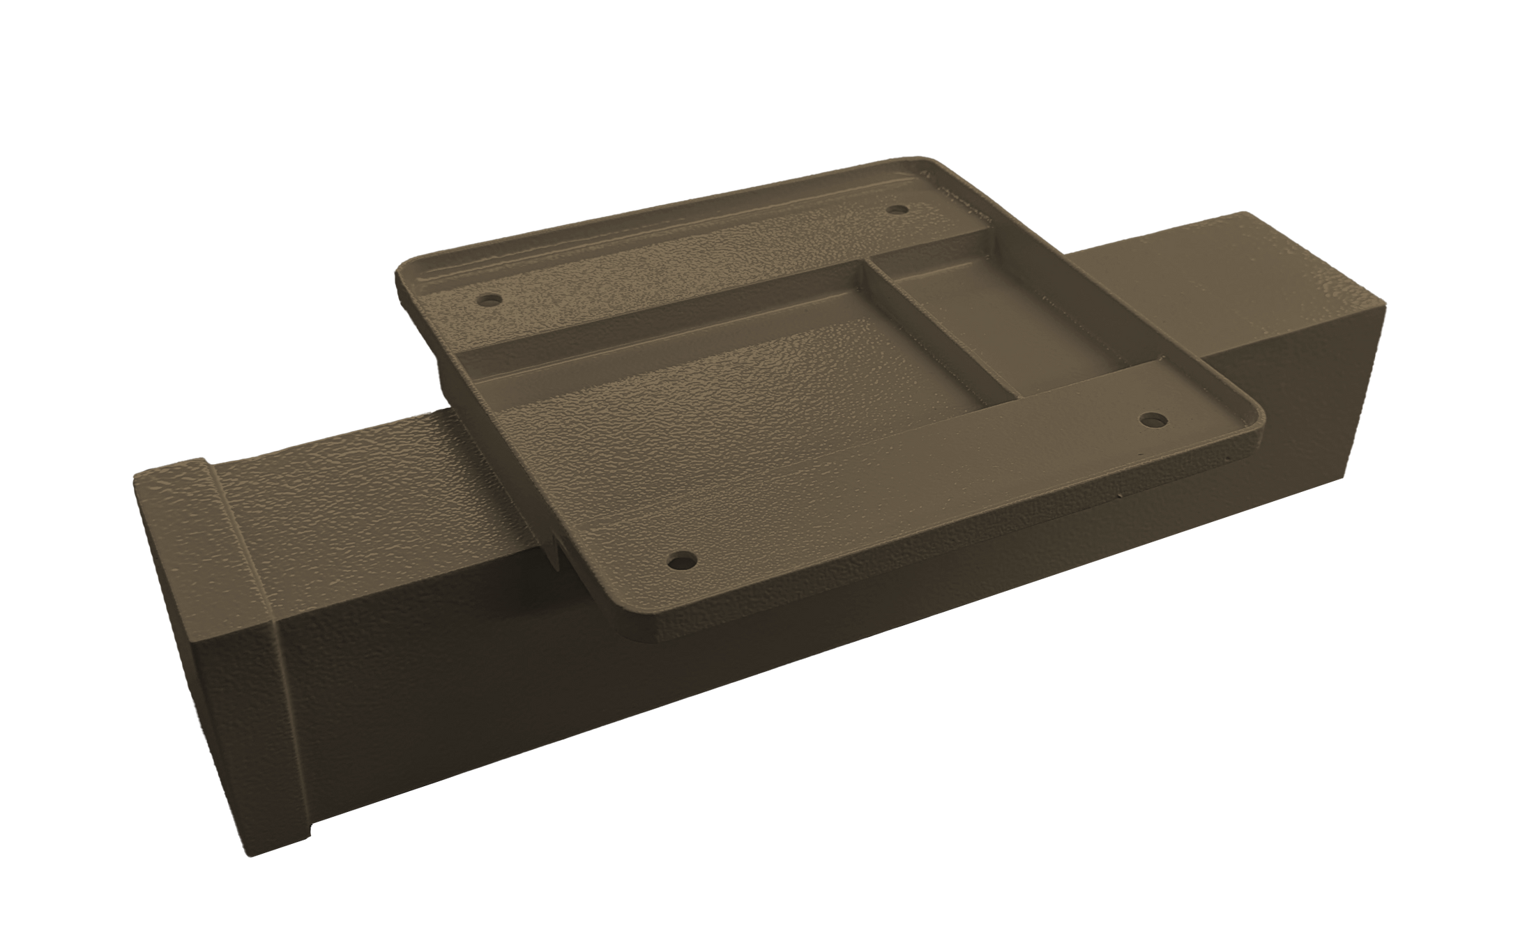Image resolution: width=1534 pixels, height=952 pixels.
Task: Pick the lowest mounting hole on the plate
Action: point(683,560)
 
